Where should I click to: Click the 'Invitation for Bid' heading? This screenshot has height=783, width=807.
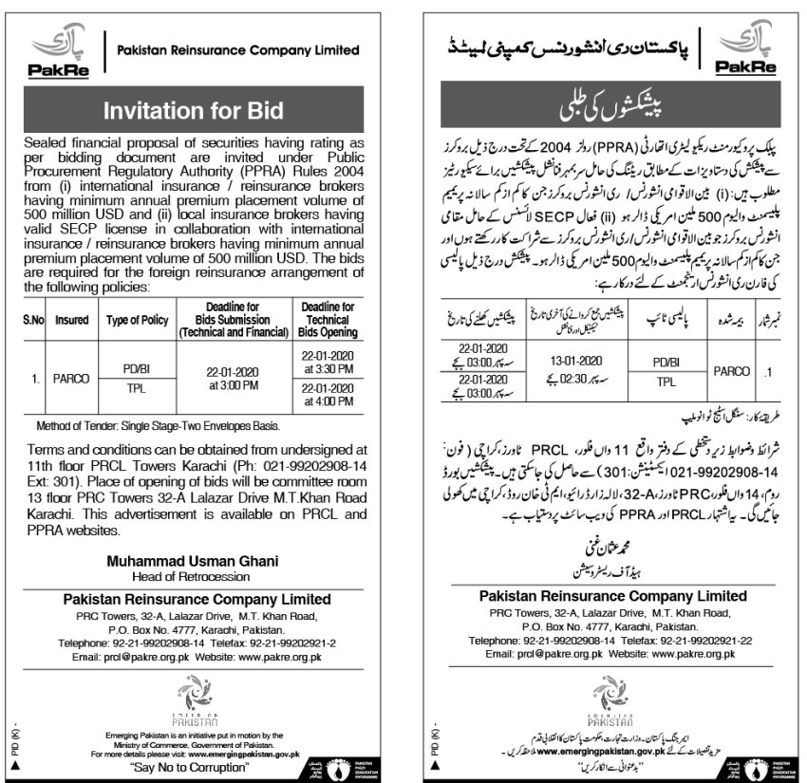click(194, 110)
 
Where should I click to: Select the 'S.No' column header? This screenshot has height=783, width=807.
click(34, 321)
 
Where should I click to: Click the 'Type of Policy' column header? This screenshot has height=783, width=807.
click(137, 321)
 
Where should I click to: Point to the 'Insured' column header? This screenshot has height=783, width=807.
click(72, 321)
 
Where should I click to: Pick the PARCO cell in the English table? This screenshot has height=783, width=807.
click(72, 379)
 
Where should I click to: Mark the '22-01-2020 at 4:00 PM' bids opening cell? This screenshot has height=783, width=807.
click(328, 396)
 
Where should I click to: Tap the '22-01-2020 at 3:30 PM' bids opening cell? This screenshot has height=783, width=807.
click(328, 361)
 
